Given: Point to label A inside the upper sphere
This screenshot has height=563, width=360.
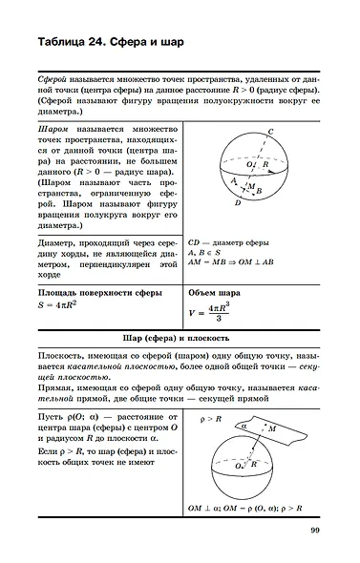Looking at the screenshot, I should pos(234,178).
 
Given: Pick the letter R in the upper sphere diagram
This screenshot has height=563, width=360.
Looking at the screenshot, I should pos(266,164).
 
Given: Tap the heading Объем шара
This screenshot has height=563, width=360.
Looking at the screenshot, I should pos(215,292).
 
